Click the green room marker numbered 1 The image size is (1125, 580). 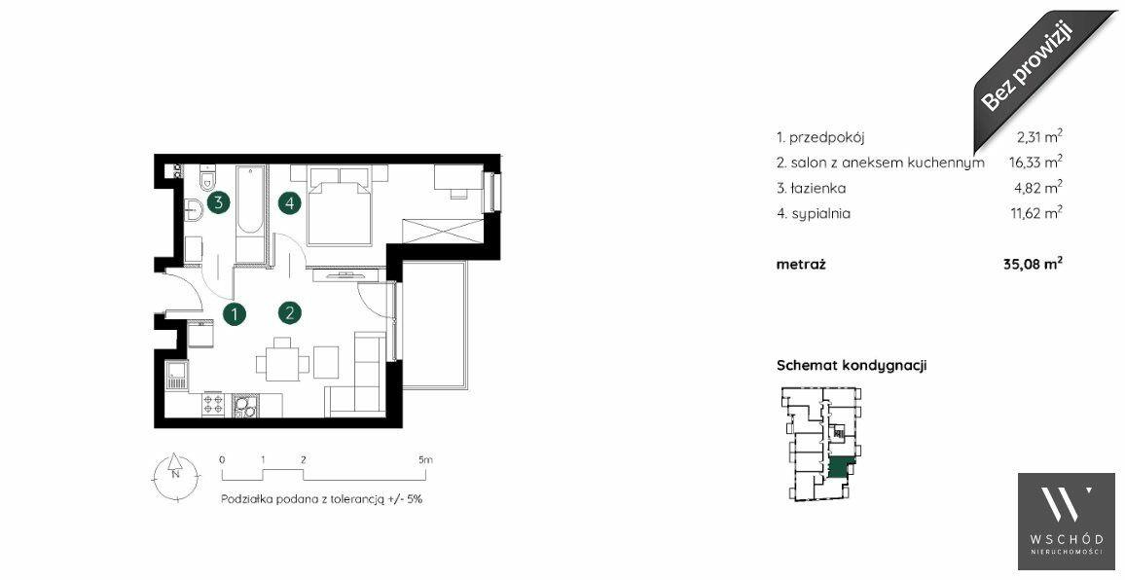click(234, 313)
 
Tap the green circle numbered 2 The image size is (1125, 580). click(290, 312)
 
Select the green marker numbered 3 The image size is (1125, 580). click(219, 202)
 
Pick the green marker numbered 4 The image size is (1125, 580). click(290, 203)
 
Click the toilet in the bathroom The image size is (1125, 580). click(207, 177)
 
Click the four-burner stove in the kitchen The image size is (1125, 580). click(213, 405)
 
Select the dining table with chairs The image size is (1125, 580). click(283, 360)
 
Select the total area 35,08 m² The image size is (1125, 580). click(1034, 264)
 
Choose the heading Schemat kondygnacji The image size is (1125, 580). click(852, 365)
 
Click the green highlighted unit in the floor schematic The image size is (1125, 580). click(841, 468)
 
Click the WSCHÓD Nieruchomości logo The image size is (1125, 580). click(1067, 522)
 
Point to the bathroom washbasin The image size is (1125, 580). click(193, 209)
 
